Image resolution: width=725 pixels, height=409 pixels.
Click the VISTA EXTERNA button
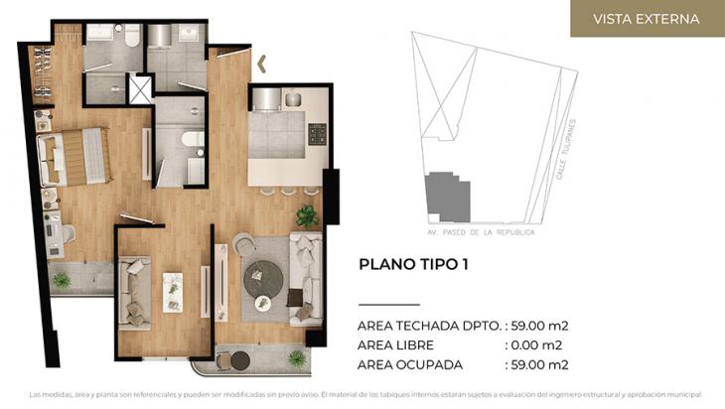point(646,19)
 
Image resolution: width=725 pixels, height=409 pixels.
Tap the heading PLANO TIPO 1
point(412,264)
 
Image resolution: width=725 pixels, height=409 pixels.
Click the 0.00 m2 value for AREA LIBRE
point(536,344)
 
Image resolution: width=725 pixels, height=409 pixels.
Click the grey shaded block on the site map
point(446,198)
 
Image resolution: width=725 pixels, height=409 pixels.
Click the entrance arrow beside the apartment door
point(262,65)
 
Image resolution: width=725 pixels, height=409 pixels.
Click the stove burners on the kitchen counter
point(317,133)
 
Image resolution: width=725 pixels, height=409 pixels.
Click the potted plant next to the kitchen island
point(306,215)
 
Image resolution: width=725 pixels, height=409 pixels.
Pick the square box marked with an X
point(141,90)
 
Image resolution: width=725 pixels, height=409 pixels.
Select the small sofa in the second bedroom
point(133,292)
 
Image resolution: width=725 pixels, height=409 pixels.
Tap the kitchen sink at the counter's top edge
point(293,99)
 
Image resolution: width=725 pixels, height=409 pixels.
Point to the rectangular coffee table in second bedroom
point(173,291)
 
